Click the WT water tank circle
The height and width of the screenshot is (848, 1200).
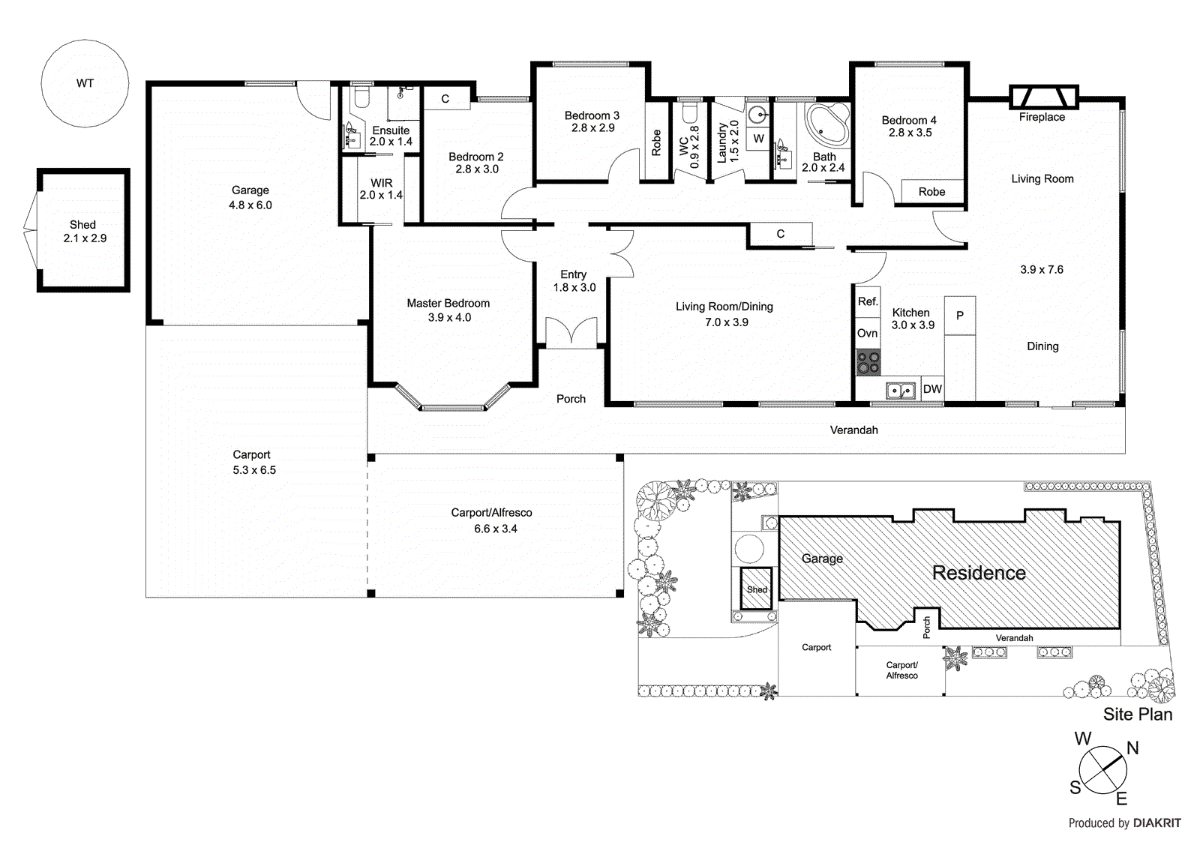tap(85, 83)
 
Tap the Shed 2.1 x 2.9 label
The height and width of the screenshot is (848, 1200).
tap(84, 232)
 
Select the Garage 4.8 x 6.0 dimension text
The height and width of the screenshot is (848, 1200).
tap(250, 205)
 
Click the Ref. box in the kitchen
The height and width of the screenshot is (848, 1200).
tap(868, 301)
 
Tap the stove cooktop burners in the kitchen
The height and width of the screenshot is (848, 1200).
tap(868, 363)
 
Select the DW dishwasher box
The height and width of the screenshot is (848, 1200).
tap(932, 388)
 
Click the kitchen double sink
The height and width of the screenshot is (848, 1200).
tap(901, 391)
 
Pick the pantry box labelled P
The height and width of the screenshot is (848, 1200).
tap(959, 316)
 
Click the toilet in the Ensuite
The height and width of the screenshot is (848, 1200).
tap(361, 97)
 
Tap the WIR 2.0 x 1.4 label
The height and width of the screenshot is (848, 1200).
tap(381, 189)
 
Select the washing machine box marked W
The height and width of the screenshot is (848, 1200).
tap(758, 139)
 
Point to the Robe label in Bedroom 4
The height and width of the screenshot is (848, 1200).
tap(931, 192)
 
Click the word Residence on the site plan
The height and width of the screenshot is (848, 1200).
tap(978, 573)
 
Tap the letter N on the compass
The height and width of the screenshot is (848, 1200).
tap(1132, 748)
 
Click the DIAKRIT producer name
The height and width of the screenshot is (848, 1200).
tap(1156, 823)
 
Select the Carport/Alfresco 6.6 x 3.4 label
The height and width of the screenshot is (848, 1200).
tap(492, 520)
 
